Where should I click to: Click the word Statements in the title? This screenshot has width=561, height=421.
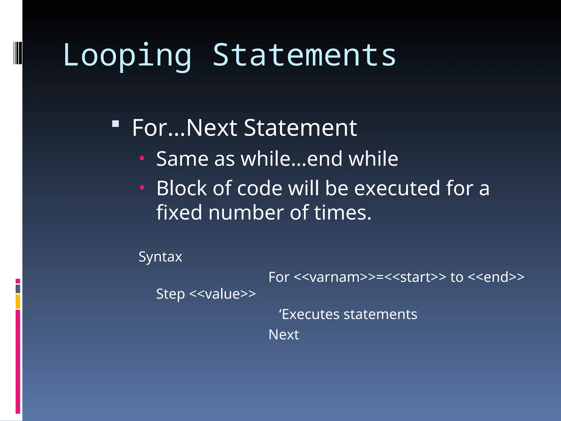[304, 55]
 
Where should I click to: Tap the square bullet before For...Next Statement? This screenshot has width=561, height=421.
[116, 124]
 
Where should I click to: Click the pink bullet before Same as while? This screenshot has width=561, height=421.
[142, 158]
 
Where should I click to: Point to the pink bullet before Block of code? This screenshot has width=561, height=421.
[142, 188]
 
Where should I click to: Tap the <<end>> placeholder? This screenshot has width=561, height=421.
[496, 277]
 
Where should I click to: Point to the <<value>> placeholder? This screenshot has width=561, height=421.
[222, 294]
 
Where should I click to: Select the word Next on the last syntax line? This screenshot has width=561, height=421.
[284, 335]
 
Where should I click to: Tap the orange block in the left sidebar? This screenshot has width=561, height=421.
[18, 301]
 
